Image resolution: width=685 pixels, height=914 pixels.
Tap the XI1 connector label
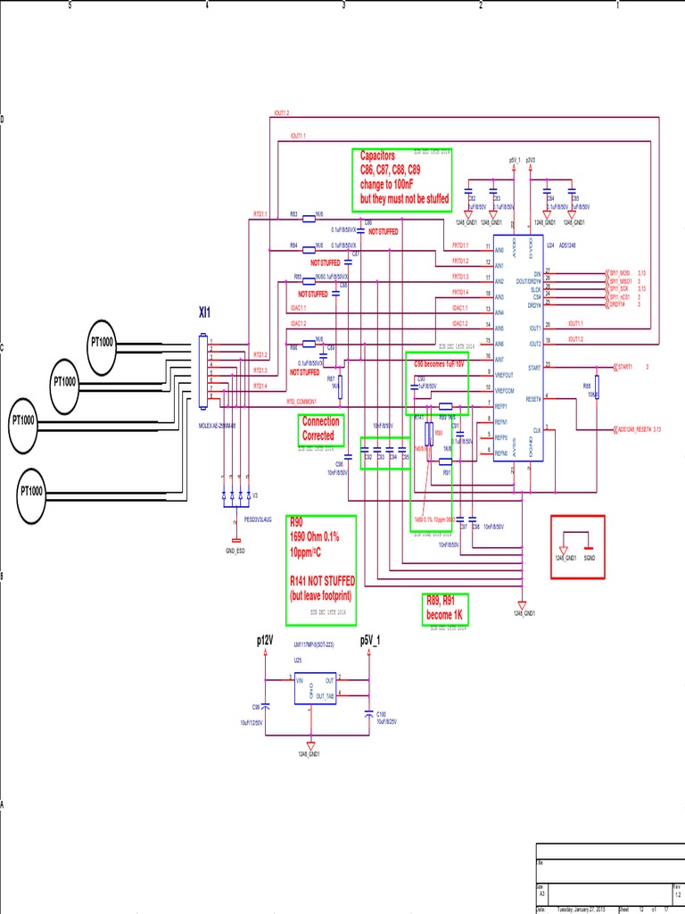(x=205, y=312)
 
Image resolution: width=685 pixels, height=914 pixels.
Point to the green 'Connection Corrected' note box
(x=319, y=429)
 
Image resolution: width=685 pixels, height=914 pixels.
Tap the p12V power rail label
(x=265, y=640)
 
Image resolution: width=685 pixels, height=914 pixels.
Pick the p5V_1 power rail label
(x=369, y=640)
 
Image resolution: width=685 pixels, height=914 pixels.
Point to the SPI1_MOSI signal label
(x=625, y=272)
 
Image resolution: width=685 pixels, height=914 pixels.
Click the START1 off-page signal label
(x=623, y=366)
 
